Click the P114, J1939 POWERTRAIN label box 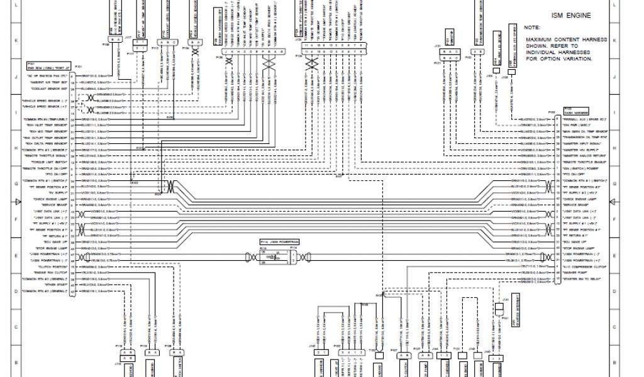tap(279, 241)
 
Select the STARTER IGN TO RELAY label tap(581, 278)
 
